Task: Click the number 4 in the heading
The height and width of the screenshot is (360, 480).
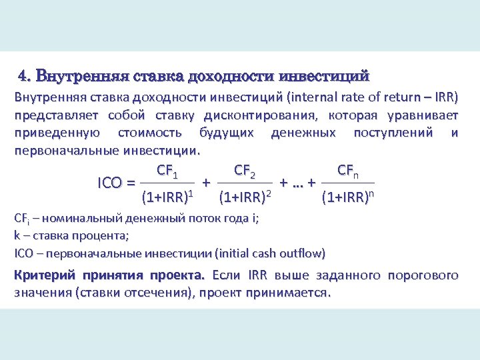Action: point(23,74)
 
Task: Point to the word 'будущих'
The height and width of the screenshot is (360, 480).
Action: point(227,133)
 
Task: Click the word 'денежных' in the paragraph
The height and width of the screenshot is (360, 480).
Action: point(303,133)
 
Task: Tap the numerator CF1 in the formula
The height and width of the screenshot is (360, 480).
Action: point(167,172)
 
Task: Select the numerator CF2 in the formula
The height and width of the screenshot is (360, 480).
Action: point(245,172)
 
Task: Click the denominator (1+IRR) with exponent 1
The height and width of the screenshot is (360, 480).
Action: point(167,197)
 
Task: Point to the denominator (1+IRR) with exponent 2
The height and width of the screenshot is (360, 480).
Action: point(245,197)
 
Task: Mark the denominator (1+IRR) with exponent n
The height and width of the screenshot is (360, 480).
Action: point(347,197)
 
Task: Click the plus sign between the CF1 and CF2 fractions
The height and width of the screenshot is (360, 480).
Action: point(207,182)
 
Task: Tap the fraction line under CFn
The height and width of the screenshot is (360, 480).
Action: point(347,183)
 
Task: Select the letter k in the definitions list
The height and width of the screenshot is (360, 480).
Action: point(17,235)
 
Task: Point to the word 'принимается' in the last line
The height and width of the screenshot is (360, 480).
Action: point(291,293)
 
